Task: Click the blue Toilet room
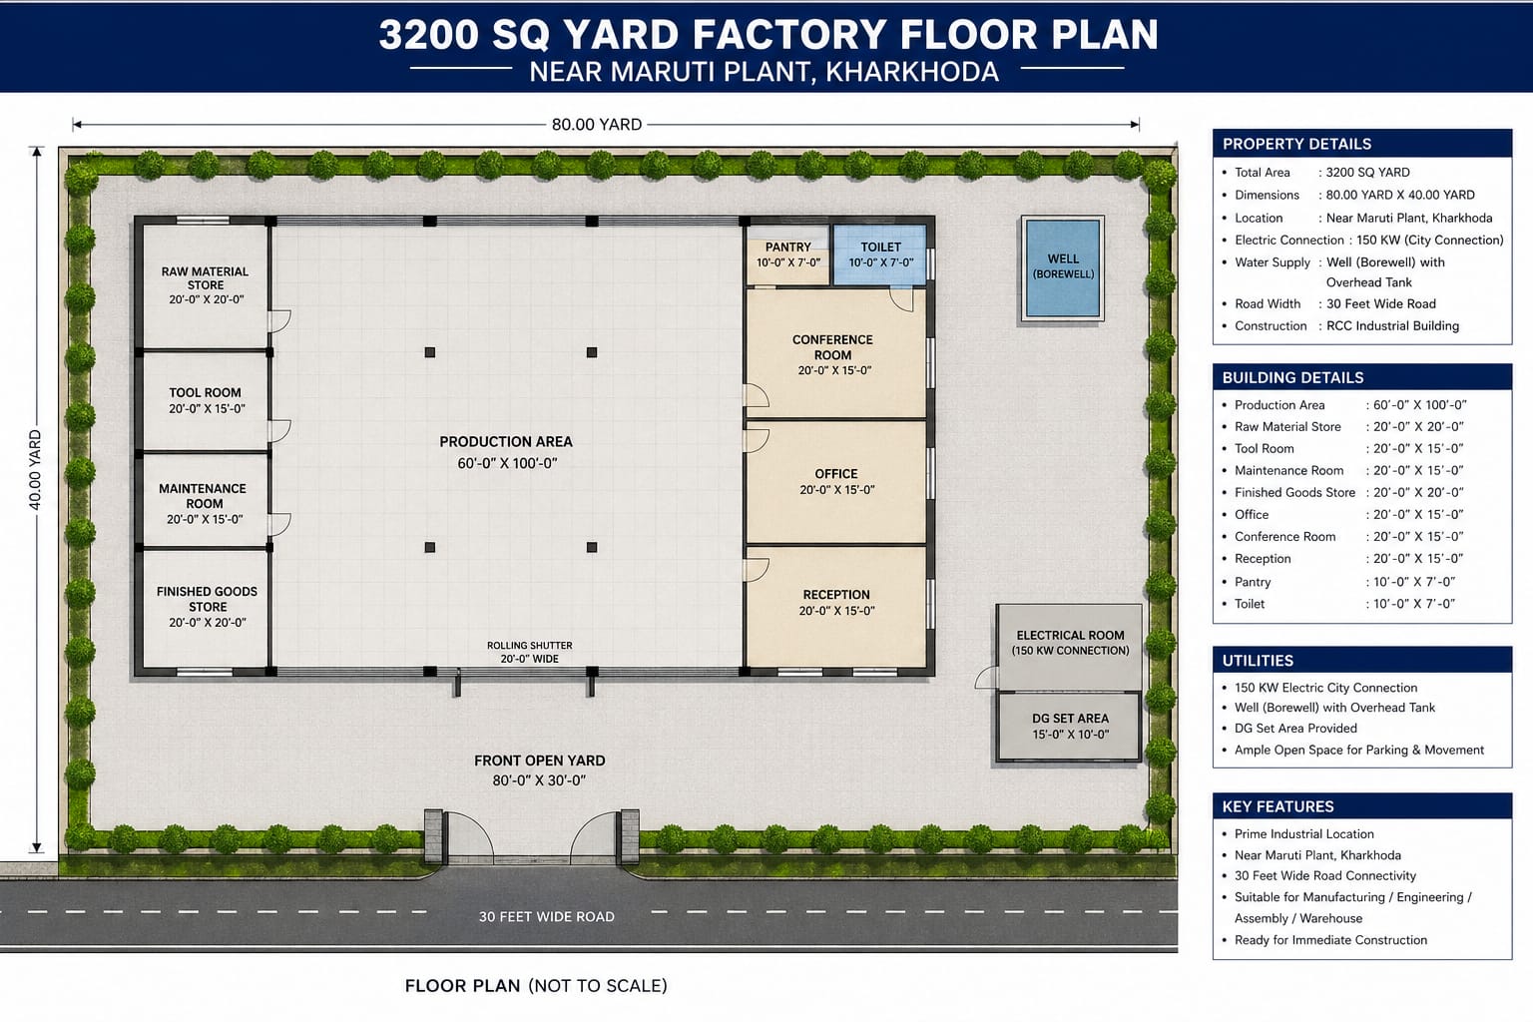pos(880,255)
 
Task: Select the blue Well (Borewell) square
pos(1063,267)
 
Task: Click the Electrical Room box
pos(1070,644)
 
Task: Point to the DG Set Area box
pos(1070,727)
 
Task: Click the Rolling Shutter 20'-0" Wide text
pos(530,652)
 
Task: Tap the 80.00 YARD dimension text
pos(596,125)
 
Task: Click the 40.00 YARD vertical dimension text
pos(36,470)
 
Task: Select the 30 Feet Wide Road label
pos(546,916)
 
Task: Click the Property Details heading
pos(1296,144)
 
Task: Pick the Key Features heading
pos(1277,806)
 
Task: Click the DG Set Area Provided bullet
pos(1294,729)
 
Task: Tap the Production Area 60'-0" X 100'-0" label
pos(506,452)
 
